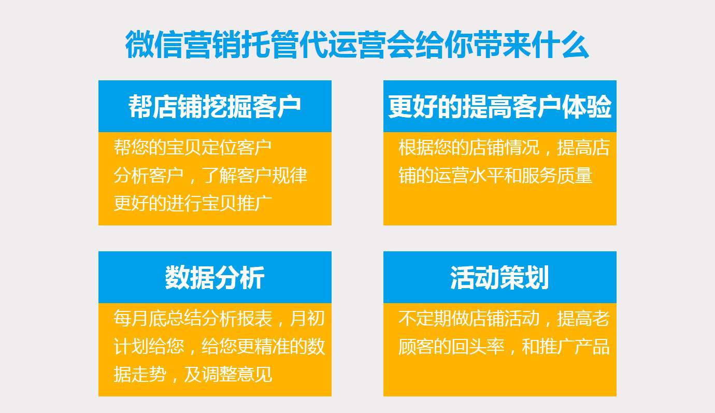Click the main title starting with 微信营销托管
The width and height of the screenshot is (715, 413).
[x=357, y=46]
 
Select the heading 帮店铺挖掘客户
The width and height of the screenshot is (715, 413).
[x=214, y=107]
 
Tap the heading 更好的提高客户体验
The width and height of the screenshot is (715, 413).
[x=499, y=107]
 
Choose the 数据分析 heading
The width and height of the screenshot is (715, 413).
[x=214, y=278]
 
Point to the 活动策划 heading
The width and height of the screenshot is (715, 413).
[x=499, y=278]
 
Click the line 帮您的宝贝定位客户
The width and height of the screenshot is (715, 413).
[x=193, y=148]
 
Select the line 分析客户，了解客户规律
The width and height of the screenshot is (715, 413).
[x=210, y=176]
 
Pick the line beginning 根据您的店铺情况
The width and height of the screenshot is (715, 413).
[x=504, y=148]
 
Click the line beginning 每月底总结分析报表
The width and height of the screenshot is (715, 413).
[x=219, y=319]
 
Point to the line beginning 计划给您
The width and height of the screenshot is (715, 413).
[x=219, y=347]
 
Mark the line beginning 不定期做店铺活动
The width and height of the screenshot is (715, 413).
[x=504, y=319]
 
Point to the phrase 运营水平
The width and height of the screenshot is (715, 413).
[x=478, y=176]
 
